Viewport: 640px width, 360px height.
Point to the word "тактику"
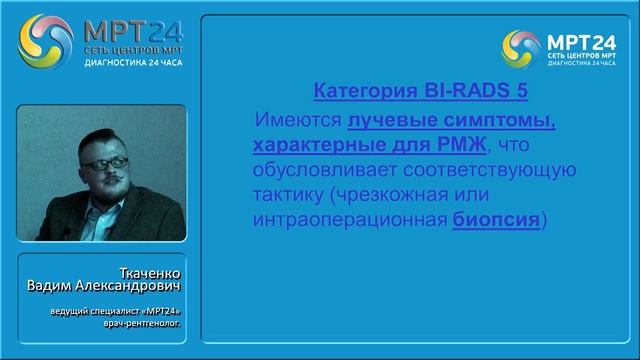[285, 195]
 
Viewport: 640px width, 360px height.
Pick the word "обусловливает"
[320, 171]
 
